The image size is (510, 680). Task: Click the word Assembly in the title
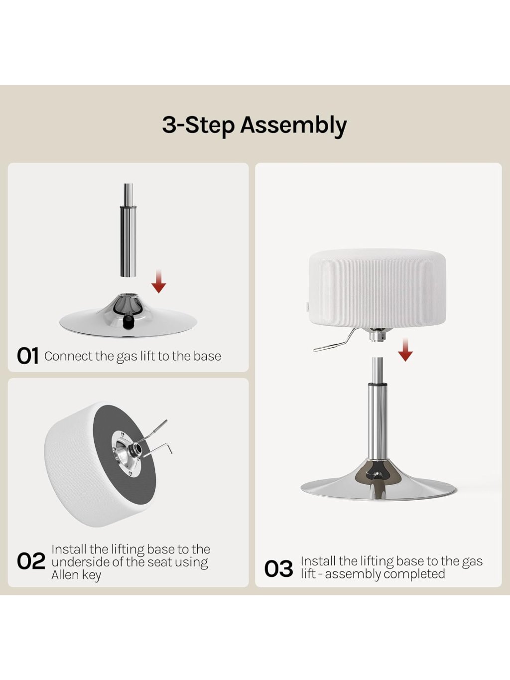click(293, 126)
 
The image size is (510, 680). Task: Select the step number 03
click(278, 568)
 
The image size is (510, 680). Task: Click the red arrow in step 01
click(158, 281)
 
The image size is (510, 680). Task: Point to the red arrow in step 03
click(405, 350)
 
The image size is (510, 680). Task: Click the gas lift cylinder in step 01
click(128, 230)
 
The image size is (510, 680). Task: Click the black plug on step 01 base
click(127, 322)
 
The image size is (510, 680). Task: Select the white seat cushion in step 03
click(378, 288)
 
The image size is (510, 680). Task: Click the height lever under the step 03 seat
click(335, 341)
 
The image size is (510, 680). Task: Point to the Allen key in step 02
click(157, 451)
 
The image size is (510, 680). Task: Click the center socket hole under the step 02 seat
click(137, 448)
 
